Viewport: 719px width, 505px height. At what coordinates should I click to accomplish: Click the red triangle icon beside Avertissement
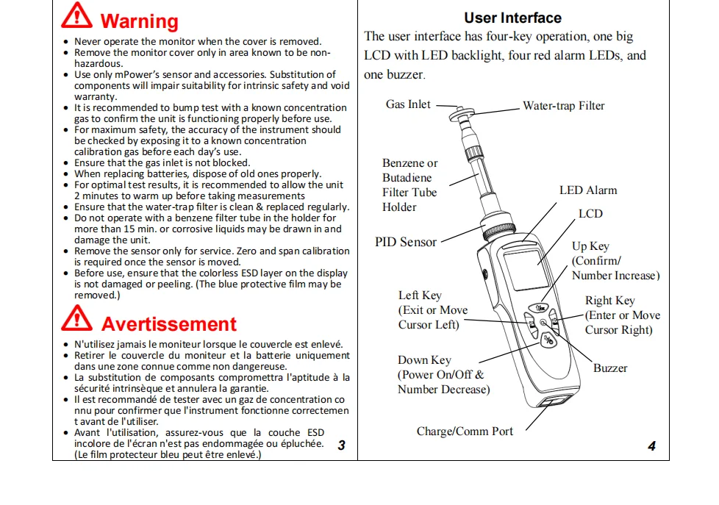tap(76, 320)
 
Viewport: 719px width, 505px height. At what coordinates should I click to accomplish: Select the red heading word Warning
tap(139, 21)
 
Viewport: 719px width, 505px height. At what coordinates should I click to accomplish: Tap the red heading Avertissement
tap(168, 324)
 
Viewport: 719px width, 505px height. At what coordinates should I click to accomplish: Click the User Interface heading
tap(512, 18)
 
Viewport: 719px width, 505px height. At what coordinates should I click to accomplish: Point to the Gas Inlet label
tap(408, 104)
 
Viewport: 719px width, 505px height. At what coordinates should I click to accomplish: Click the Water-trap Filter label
tap(563, 106)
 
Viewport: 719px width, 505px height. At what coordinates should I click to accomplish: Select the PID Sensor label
tap(405, 242)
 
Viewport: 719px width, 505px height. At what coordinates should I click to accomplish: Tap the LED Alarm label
tap(588, 190)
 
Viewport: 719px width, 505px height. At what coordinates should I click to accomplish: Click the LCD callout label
tap(590, 214)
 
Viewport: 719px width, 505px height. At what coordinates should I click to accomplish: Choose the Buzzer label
tap(610, 368)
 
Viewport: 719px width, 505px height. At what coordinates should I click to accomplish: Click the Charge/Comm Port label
tap(465, 431)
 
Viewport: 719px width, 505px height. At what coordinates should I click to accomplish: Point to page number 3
tap(341, 445)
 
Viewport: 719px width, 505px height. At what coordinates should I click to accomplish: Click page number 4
tap(651, 446)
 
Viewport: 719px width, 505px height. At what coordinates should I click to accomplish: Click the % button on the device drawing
tap(548, 340)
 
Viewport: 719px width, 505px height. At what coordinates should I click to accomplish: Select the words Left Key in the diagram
tap(420, 296)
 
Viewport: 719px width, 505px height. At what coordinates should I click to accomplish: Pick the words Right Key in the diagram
tap(609, 301)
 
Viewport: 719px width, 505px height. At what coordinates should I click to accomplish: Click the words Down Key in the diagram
tap(424, 360)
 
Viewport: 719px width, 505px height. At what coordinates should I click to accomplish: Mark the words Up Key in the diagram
tap(590, 246)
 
